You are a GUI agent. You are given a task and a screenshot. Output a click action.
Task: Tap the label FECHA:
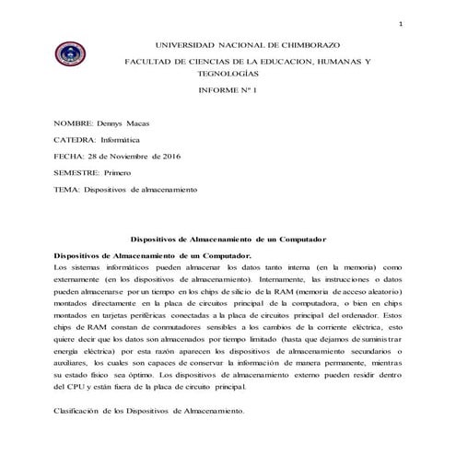click(x=68, y=156)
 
